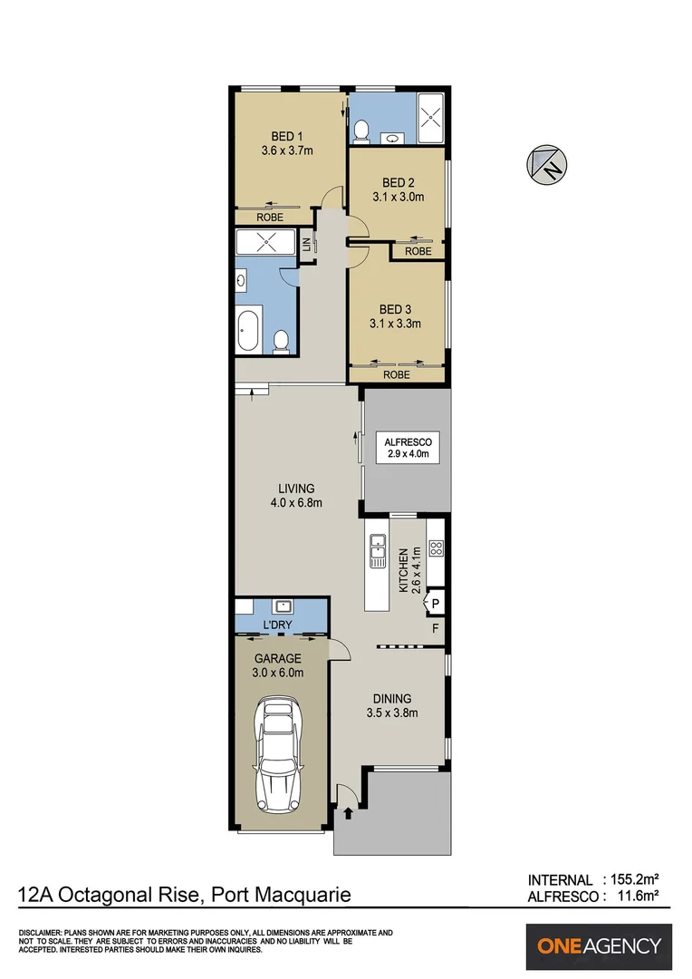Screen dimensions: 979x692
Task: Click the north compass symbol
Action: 547,165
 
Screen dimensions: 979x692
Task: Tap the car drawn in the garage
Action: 279,751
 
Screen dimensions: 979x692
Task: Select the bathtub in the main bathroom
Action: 248,331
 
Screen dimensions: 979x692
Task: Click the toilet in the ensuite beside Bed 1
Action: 361,133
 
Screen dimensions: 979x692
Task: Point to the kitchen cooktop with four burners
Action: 436,548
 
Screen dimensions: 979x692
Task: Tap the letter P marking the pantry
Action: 435,602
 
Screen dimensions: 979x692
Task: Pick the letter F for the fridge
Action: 435,627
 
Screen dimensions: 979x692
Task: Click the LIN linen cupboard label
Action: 307,245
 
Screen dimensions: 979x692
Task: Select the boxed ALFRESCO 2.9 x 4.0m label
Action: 407,447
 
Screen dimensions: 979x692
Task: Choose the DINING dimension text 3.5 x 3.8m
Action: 392,712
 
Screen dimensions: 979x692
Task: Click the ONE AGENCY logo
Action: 599,946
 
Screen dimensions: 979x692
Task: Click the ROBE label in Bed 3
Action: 396,374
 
